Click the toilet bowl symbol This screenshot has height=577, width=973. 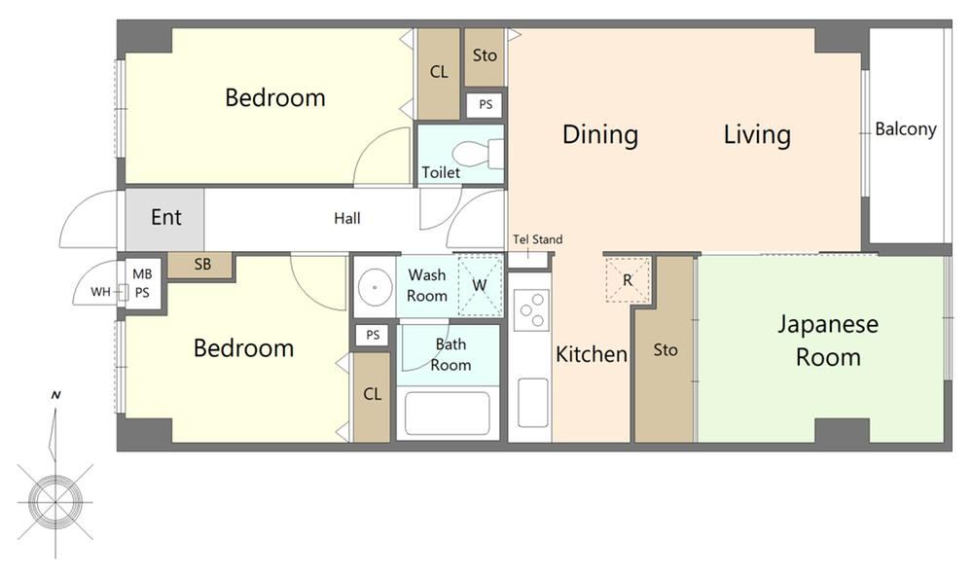[x=478, y=154]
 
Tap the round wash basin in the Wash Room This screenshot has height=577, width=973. [x=375, y=287]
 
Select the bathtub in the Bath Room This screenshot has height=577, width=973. [x=448, y=414]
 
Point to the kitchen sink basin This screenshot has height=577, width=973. [x=533, y=403]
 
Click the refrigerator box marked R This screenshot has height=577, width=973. [x=628, y=280]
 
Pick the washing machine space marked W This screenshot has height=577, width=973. [x=480, y=285]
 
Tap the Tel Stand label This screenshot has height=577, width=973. [x=538, y=239]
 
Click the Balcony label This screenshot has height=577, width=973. [x=905, y=129]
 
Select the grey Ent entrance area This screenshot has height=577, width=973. [x=165, y=219]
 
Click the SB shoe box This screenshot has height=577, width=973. [x=201, y=265]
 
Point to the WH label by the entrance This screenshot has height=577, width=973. [x=100, y=292]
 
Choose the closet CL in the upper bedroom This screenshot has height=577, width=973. [x=439, y=73]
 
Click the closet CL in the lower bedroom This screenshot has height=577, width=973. [x=372, y=398]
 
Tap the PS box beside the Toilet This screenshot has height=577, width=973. [x=486, y=105]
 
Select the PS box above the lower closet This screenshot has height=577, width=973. [x=373, y=336]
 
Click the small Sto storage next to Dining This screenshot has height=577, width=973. [x=484, y=56]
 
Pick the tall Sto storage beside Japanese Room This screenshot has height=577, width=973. [x=666, y=350]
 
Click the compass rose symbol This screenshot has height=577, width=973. [x=55, y=501]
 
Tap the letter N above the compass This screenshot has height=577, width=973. [x=56, y=395]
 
